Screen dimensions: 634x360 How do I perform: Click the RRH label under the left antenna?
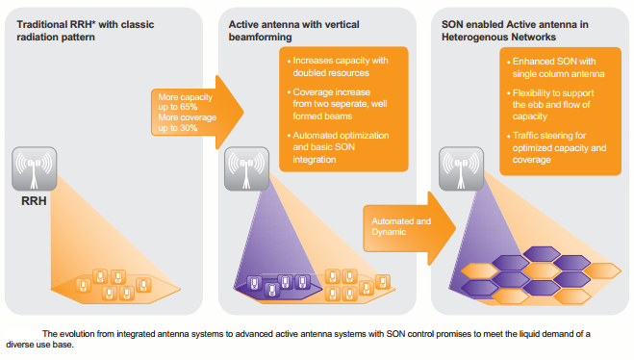pyautogui.click(x=34, y=201)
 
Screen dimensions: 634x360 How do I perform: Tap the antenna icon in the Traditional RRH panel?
pyautogui.click(x=35, y=168)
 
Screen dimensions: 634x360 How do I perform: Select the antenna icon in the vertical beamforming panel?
pyautogui.click(x=246, y=168)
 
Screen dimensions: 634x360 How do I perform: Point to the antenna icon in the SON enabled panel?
pyautogui.click(x=462, y=168)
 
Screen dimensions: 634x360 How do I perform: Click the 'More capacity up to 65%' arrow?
pyautogui.click(x=197, y=112)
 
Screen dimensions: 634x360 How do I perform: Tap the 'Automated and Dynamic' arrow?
pyautogui.click(x=410, y=228)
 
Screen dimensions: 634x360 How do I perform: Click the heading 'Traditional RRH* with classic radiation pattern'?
pyautogui.click(x=86, y=31)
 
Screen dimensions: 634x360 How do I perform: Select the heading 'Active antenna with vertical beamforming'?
pyautogui.click(x=294, y=31)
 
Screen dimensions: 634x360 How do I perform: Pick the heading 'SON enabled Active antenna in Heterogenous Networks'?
pyautogui.click(x=515, y=31)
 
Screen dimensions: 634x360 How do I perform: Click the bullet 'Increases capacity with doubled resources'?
pyautogui.click(x=338, y=66)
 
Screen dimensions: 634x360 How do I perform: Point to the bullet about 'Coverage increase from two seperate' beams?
pyautogui.click(x=338, y=104)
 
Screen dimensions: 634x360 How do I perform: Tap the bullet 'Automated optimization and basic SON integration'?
pyautogui.click(x=339, y=147)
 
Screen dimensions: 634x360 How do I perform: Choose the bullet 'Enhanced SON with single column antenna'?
pyautogui.click(x=556, y=67)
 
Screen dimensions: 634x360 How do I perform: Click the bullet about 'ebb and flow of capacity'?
pyautogui.click(x=550, y=105)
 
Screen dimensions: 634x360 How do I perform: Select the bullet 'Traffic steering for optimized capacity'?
pyautogui.click(x=557, y=147)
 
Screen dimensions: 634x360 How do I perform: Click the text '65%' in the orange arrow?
pyautogui.click(x=189, y=107)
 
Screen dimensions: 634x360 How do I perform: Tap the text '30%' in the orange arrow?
pyautogui.click(x=189, y=128)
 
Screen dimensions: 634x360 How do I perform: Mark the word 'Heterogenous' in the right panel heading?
pyautogui.click(x=472, y=38)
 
